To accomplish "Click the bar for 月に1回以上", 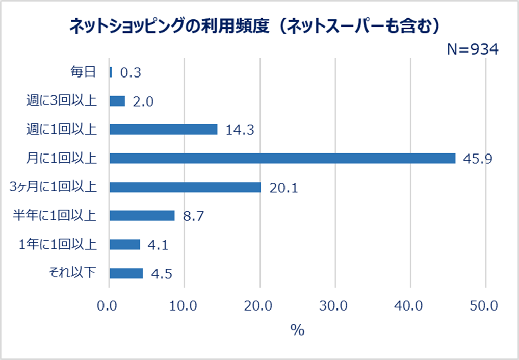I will tap(282, 159).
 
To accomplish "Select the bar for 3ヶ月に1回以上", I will tap(185, 187).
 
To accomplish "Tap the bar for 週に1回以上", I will tap(164, 130).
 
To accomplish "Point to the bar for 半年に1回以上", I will tap(142, 216).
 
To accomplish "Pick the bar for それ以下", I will tap(126, 273).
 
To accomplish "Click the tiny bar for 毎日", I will tap(111, 72).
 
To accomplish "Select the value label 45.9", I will tap(478, 159).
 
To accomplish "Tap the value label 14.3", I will tap(240, 131).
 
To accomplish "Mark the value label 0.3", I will tap(130, 73).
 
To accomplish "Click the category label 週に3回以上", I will tap(61, 101).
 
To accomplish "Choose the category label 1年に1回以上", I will tap(57, 245).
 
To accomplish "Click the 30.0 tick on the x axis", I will tap(335, 306).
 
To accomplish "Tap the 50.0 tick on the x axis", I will tap(485, 306).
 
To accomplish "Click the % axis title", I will tap(297, 330).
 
